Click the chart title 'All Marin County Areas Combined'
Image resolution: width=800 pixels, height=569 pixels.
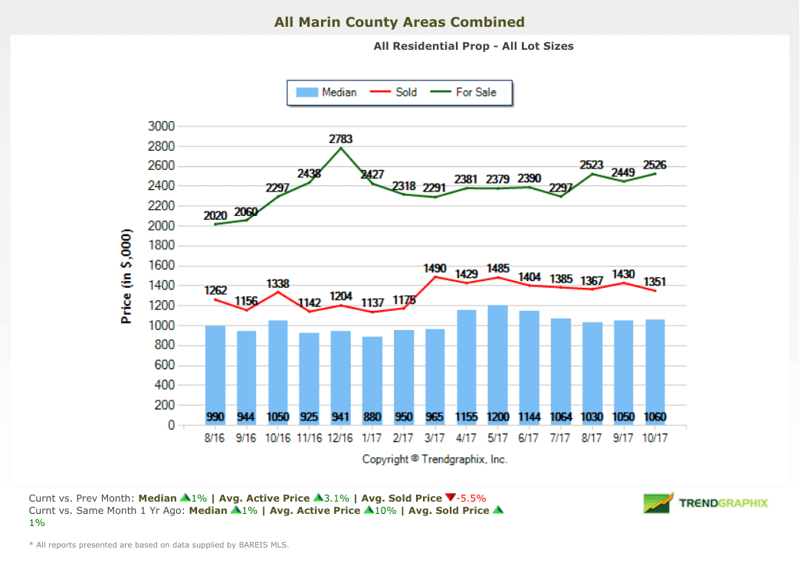(x=399, y=22)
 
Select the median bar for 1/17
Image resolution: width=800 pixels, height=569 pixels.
(x=372, y=375)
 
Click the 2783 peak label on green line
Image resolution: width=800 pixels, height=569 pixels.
(x=341, y=139)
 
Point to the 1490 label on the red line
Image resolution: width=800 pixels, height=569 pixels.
(x=434, y=268)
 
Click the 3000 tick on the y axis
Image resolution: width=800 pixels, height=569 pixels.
(x=161, y=126)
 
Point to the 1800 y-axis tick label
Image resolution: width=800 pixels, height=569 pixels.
(x=161, y=246)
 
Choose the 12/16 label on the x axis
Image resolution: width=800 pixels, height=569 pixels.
(x=340, y=440)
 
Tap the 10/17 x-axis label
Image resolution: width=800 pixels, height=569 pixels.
(x=655, y=440)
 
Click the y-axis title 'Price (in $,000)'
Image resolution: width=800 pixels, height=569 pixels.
(x=127, y=276)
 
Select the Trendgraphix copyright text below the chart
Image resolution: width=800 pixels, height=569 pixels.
(x=434, y=459)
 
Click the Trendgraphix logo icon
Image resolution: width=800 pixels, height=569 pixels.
(x=658, y=503)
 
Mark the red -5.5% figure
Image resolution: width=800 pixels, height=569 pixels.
(x=470, y=497)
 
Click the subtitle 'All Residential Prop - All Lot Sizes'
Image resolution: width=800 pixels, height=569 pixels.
(x=474, y=46)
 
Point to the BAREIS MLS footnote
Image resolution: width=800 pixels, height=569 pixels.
(x=159, y=545)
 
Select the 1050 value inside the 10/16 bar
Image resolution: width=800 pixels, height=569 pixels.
(x=277, y=417)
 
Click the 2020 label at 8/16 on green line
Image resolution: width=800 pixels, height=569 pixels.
(x=215, y=216)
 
